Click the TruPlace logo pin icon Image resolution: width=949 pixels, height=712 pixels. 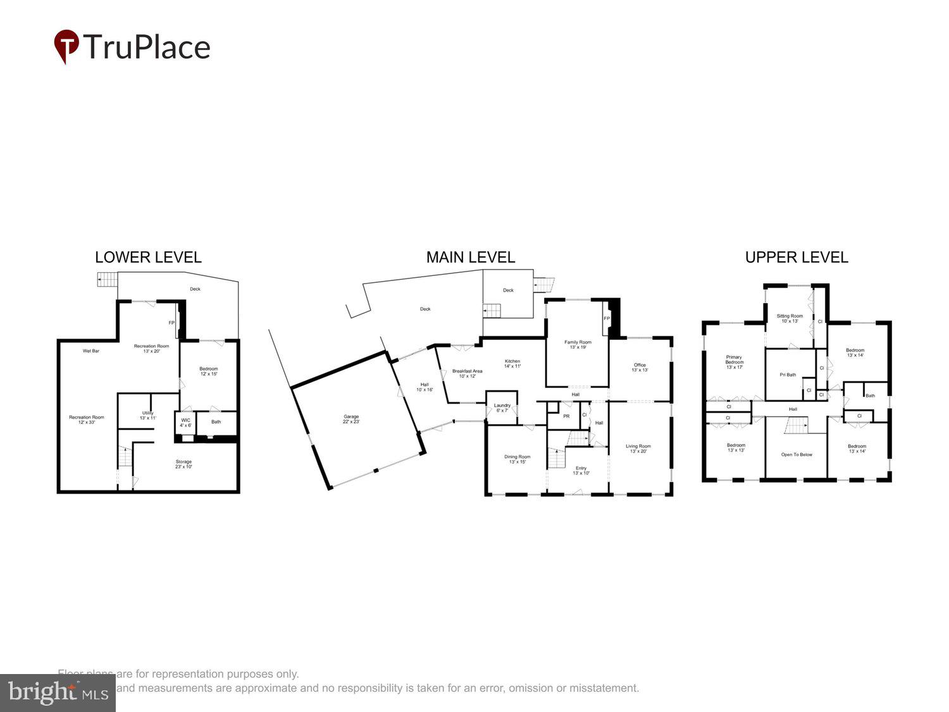(x=66, y=46)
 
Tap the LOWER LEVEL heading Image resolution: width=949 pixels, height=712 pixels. (x=148, y=257)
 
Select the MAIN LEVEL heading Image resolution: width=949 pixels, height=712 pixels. (x=470, y=257)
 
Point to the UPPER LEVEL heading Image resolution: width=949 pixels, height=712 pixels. (x=796, y=257)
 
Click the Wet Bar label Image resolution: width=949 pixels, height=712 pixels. (x=91, y=351)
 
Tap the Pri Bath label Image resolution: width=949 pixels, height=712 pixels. (x=788, y=375)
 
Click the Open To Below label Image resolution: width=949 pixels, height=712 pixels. (x=797, y=454)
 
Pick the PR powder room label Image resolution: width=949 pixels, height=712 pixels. (x=566, y=416)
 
